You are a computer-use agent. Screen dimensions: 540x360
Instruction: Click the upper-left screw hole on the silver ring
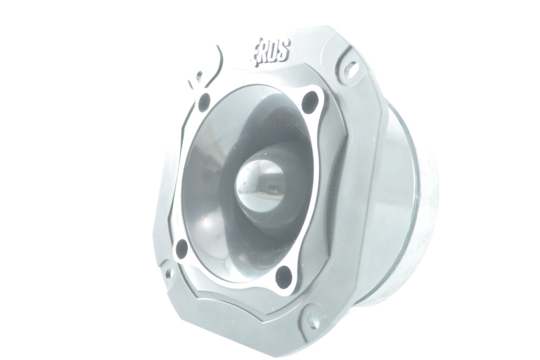coord(205,102)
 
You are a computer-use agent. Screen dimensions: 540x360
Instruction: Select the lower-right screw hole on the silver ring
coord(284,275)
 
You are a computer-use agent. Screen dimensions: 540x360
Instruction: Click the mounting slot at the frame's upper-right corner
coord(350,69)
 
